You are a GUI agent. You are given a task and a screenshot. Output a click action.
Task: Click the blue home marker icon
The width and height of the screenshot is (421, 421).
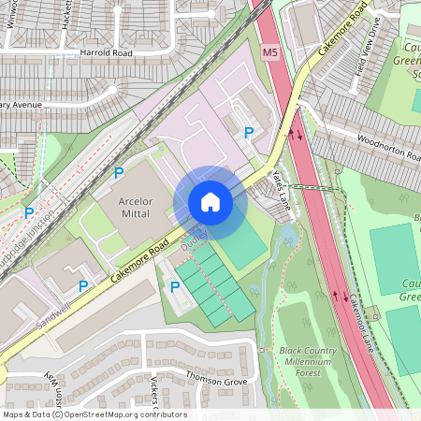(x=210, y=202)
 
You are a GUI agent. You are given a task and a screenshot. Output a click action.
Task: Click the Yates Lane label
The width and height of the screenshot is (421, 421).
(x=277, y=177)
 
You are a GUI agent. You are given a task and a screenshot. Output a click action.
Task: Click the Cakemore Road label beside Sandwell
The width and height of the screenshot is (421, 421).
(x=138, y=259)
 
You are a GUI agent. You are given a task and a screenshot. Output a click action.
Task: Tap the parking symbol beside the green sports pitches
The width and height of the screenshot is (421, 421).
(x=175, y=285)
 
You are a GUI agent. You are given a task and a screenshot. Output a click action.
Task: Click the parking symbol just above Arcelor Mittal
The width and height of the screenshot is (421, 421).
(x=119, y=173)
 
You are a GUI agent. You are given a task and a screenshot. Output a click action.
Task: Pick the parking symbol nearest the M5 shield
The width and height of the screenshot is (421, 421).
(x=248, y=133)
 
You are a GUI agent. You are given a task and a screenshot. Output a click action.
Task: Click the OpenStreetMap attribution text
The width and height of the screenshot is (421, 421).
(x=94, y=414)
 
